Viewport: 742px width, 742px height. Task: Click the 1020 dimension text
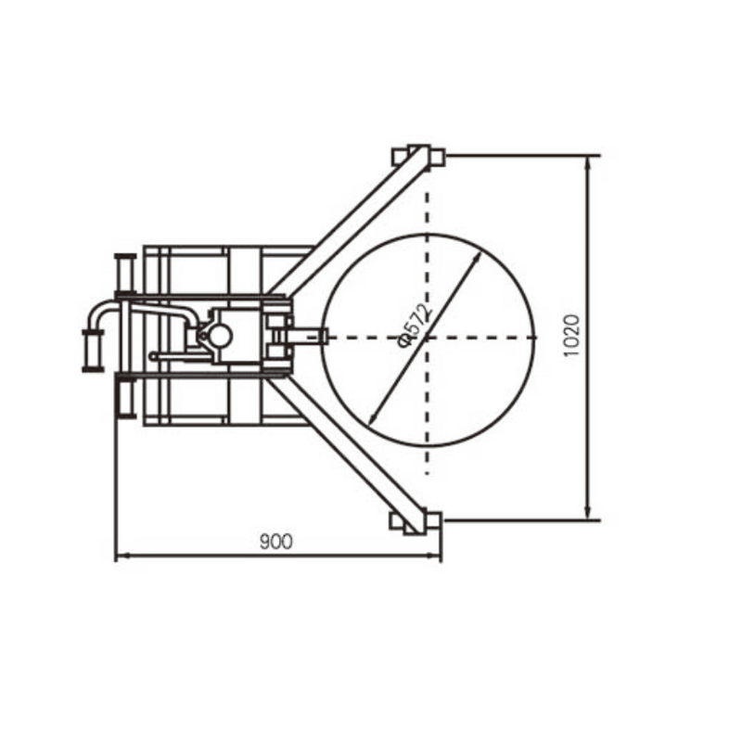[x=571, y=336]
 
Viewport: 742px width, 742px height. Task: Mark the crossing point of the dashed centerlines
[x=427, y=337]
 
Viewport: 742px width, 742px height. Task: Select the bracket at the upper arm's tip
[x=418, y=156]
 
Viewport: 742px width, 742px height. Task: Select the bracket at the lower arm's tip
[x=417, y=520]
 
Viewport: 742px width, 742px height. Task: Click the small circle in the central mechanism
[x=220, y=335]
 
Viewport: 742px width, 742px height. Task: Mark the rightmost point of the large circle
[x=535, y=338]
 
